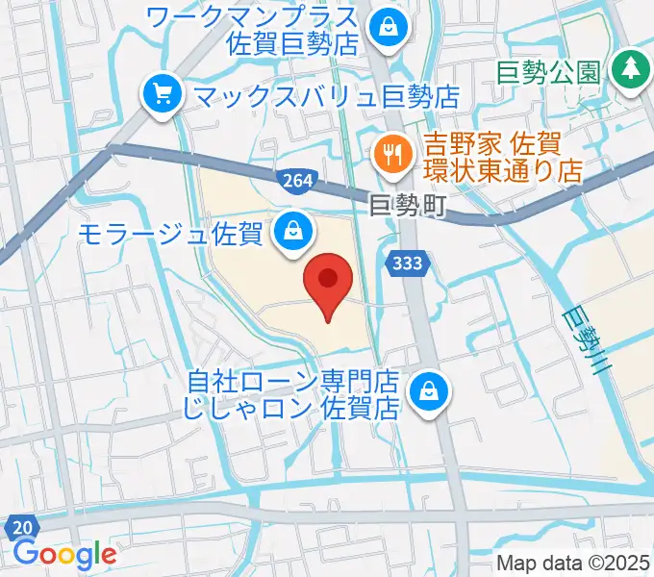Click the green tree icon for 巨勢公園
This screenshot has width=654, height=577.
pyautogui.click(x=631, y=67)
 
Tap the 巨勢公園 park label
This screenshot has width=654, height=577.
pyautogui.click(x=549, y=71)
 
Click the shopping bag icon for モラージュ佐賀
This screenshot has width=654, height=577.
pyautogui.click(x=291, y=231)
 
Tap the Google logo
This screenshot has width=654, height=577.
pyautogui.click(x=64, y=554)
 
